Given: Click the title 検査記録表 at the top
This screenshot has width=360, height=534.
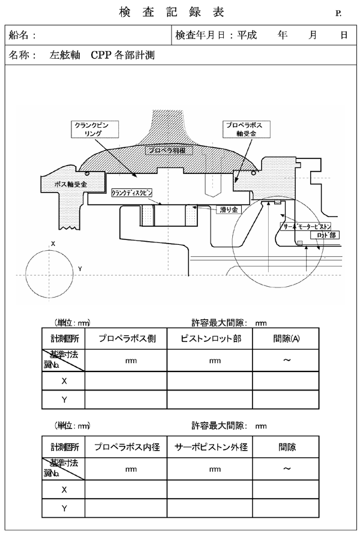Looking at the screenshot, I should point(179,12).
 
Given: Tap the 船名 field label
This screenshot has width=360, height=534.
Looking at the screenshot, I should point(24,35).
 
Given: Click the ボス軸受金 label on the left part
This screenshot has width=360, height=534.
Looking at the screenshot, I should point(71,184).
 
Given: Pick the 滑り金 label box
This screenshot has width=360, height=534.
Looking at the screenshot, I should point(227,210).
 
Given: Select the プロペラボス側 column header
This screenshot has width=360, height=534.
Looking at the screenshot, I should point(126,338).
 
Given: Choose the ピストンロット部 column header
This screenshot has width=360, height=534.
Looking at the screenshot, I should point(209,338).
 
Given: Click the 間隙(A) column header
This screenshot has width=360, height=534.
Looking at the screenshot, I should point(287,338).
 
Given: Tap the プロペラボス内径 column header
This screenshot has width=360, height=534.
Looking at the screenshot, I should point(126,447).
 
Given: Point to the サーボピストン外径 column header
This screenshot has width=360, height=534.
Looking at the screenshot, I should point(209,447).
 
